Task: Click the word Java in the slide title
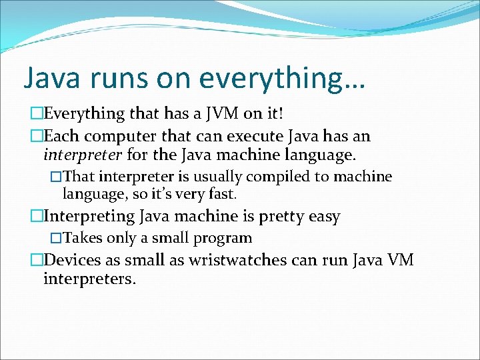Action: (53, 77)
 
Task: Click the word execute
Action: (255, 137)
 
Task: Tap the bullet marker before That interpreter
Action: (56, 177)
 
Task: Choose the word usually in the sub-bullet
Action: (217, 177)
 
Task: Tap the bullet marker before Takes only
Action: (56, 238)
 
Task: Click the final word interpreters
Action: (89, 278)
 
